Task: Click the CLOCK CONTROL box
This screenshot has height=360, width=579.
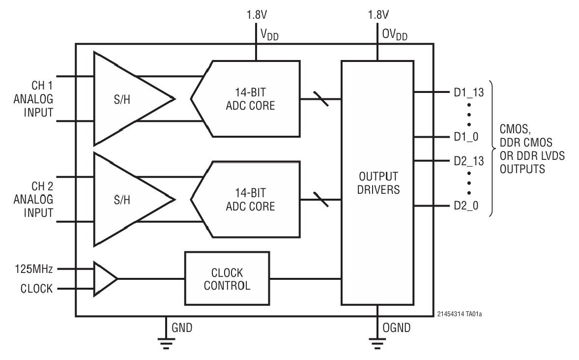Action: coord(227,278)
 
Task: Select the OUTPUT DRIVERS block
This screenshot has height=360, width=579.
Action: coord(377,183)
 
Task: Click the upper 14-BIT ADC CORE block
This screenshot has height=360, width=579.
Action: coord(246,99)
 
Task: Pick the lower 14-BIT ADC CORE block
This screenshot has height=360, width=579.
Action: coord(246,200)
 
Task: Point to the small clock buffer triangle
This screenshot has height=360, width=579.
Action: coord(105,279)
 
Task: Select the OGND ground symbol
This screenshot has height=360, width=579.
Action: coord(377,343)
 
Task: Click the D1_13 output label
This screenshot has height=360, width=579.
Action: coord(468,92)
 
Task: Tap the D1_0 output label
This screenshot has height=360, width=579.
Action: coord(466,137)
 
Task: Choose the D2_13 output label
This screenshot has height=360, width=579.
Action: coord(468,161)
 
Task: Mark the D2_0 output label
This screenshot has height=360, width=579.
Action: coord(466,206)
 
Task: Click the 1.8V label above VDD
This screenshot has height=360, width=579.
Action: coord(257,15)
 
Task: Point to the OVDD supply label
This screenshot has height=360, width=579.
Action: coord(395,35)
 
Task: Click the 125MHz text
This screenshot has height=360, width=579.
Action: coord(33,269)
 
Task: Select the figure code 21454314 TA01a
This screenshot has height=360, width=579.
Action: coord(460,314)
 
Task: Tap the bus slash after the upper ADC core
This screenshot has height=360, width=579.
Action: coord(320,99)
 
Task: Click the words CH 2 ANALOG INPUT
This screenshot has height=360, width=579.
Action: coord(33,200)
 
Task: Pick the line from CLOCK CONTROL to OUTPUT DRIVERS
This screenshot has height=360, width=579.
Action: coord(305,279)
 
